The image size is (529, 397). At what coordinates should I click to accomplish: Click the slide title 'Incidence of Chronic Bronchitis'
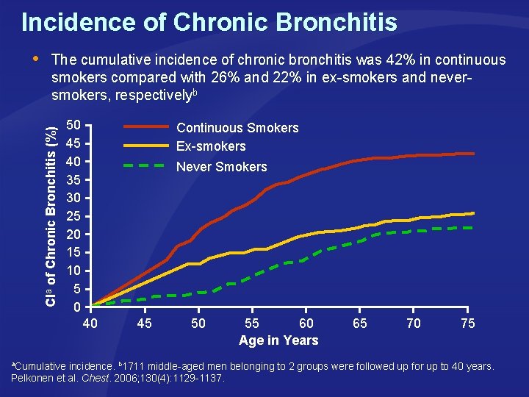209,22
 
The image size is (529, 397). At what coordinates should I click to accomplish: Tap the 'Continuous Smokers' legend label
237,128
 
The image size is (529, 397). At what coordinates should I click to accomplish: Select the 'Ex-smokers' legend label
211,146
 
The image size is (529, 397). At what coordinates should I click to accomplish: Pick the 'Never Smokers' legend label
221,167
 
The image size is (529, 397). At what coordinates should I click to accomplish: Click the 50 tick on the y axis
73,126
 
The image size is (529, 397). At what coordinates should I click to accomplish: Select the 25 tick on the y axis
73,216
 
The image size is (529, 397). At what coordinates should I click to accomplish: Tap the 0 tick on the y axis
77,307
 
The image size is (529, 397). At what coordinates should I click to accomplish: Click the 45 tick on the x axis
144,323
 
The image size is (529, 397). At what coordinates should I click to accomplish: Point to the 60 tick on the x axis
306,323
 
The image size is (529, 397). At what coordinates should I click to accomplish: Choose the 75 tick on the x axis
467,323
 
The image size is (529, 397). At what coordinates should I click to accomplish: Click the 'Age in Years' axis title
278,340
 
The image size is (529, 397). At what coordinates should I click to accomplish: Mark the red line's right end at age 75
473,154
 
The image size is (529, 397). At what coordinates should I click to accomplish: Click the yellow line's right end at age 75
473,213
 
